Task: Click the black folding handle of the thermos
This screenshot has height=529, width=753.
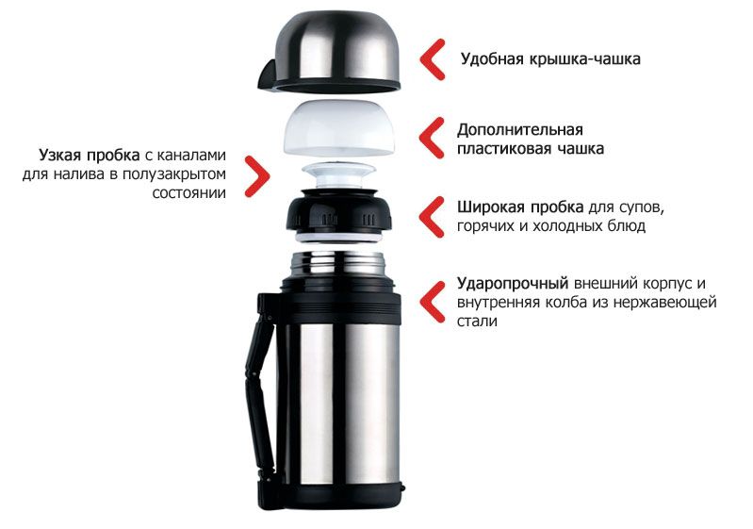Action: click(260, 399)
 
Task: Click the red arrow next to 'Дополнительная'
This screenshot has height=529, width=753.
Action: click(432, 138)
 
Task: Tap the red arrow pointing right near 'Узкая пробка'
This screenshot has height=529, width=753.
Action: click(257, 175)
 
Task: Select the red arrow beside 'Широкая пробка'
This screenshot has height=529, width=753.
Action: click(432, 217)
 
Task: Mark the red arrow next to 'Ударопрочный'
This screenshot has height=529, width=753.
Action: click(432, 302)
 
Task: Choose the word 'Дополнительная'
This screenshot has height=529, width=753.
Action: click(520, 130)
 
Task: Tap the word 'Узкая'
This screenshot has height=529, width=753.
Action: click(60, 156)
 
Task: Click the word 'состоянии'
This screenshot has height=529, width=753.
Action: click(188, 193)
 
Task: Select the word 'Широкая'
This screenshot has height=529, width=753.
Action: click(490, 207)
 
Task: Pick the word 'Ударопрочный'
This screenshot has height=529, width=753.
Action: click(513, 284)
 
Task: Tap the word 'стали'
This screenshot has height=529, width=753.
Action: click(477, 322)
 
